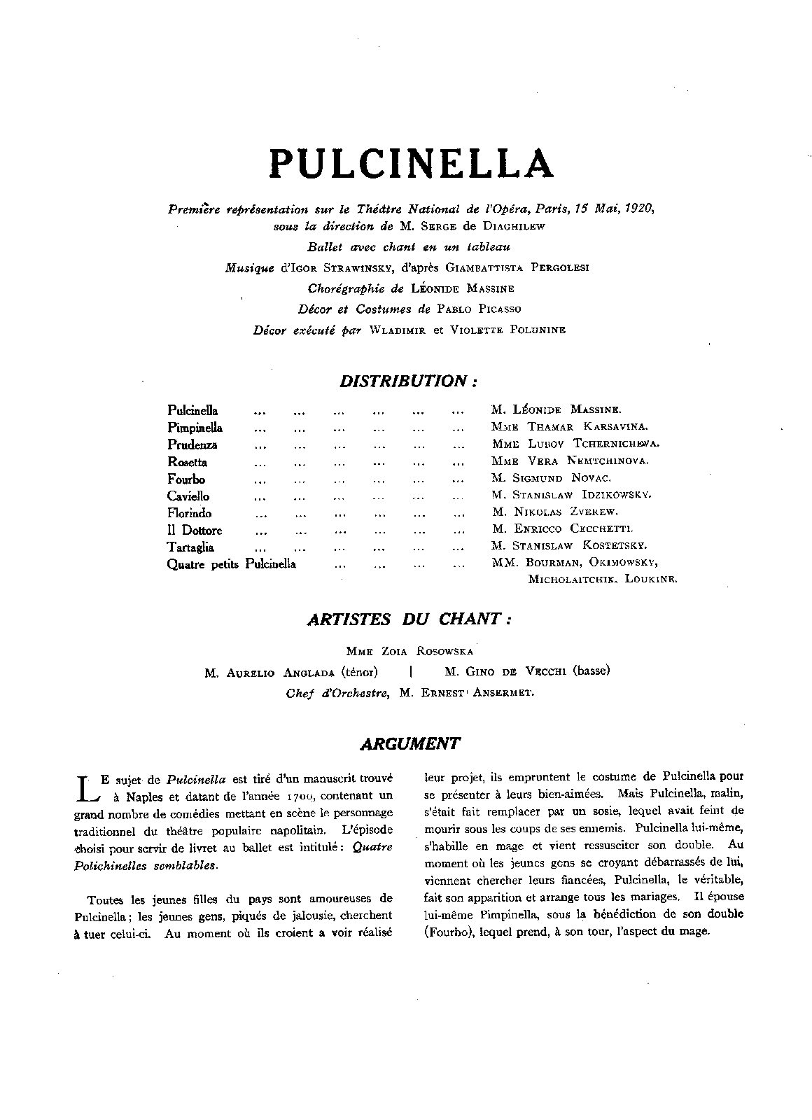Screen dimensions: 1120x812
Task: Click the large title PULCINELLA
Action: (411, 163)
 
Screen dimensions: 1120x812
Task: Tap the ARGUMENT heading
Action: (409, 744)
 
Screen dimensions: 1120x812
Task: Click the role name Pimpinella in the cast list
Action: (195, 428)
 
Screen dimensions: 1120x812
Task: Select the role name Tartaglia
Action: (190, 547)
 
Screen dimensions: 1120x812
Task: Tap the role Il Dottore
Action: (194, 531)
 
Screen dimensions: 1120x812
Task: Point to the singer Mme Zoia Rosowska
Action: (409, 651)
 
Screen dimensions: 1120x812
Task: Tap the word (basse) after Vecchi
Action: (591, 671)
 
